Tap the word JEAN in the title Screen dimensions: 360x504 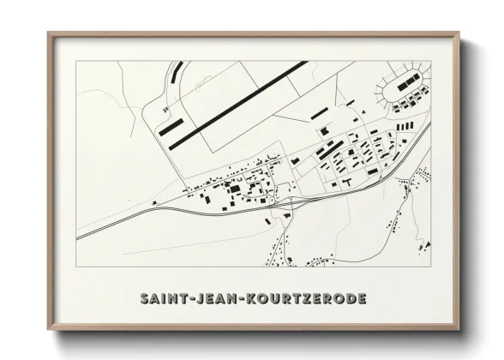(x=213, y=299)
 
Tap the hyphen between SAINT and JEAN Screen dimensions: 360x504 (x=189, y=299)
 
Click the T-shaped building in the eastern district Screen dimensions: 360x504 (x=346, y=183)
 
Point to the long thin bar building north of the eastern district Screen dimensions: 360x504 (x=319, y=113)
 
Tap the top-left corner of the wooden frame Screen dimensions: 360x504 (x=49, y=34)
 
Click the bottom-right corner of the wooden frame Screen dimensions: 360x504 (x=458, y=329)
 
